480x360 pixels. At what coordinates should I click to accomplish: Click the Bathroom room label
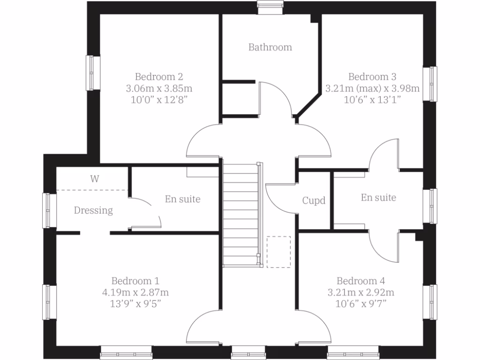pyautogui.click(x=270, y=47)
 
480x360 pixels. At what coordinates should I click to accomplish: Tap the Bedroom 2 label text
pyautogui.click(x=159, y=76)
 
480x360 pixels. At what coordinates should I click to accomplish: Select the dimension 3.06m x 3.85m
pyautogui.click(x=159, y=88)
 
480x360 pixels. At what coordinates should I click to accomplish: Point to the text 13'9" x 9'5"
pyautogui.click(x=135, y=304)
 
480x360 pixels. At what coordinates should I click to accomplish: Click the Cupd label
pyautogui.click(x=314, y=201)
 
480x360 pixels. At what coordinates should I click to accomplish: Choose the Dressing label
pyautogui.click(x=93, y=210)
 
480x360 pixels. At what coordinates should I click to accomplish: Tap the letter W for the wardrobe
pyautogui.click(x=95, y=179)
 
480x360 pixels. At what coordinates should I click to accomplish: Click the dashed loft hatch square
pyautogui.click(x=278, y=252)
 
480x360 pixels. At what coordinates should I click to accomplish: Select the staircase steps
pyautogui.click(x=240, y=213)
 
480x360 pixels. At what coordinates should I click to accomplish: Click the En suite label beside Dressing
pyautogui.click(x=182, y=199)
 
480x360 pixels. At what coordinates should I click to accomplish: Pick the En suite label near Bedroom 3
pyautogui.click(x=378, y=198)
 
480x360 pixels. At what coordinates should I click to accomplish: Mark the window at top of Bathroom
pyautogui.click(x=271, y=5)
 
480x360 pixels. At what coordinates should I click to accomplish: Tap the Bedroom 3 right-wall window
pyautogui.click(x=430, y=83)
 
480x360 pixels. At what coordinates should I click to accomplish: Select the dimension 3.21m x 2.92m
pyautogui.click(x=360, y=292)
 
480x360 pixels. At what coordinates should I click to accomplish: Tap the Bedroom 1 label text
pyautogui.click(x=135, y=281)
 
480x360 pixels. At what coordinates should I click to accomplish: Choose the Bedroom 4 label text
pyautogui.click(x=360, y=281)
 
